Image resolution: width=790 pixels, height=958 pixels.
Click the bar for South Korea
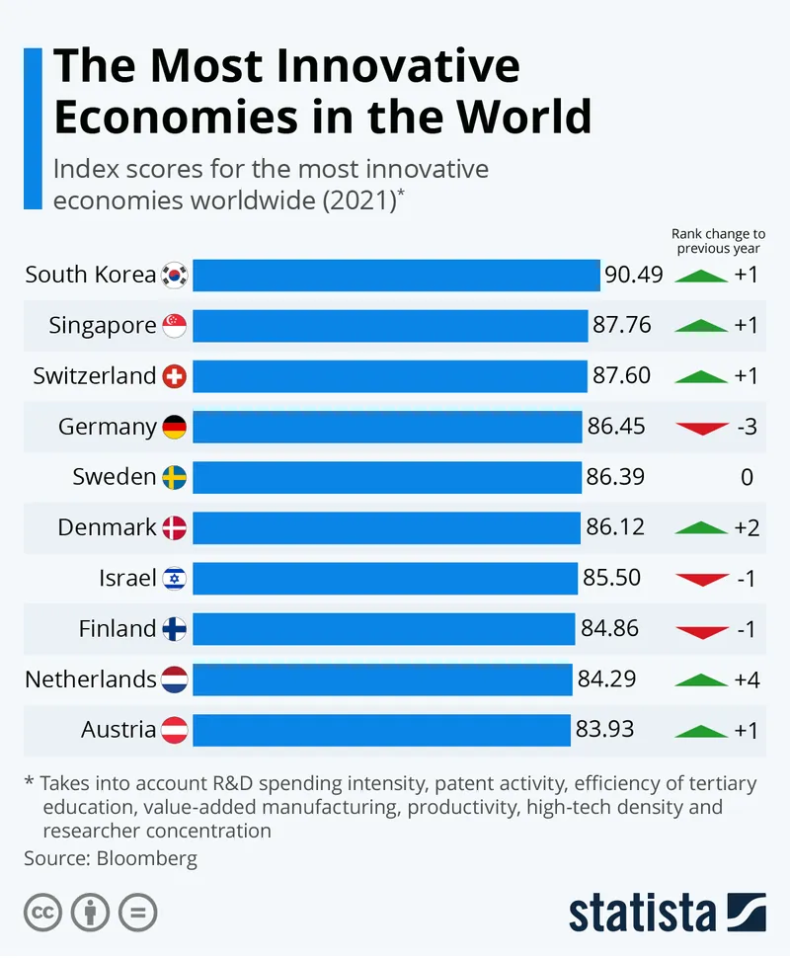point(396,275)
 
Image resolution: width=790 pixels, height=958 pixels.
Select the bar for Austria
point(381,730)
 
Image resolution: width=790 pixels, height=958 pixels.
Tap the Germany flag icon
point(175,427)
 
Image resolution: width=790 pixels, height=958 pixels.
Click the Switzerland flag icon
point(175,376)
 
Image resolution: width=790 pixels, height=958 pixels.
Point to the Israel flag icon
point(175,579)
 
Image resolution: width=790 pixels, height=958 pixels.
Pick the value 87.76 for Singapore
point(621,325)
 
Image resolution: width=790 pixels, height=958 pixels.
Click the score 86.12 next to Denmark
point(615,527)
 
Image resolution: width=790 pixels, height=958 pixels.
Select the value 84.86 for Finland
point(609,628)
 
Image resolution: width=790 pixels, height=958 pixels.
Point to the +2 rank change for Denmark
point(747,527)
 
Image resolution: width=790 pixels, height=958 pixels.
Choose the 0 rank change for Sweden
point(747,477)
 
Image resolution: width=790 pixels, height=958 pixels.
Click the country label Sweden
point(114,477)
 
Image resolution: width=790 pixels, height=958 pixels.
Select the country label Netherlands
point(90,679)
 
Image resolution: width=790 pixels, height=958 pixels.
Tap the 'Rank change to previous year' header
point(718,241)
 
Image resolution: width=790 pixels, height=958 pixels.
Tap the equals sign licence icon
point(138,912)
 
